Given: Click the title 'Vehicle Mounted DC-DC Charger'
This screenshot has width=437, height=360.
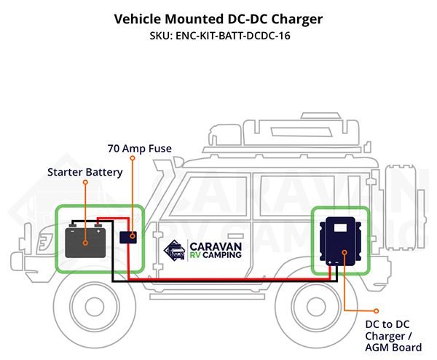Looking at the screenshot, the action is pos(219,20).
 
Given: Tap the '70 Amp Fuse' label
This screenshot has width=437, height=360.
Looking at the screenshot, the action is pos(140,149).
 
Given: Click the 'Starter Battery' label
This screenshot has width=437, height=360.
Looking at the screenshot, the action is pos(85,172).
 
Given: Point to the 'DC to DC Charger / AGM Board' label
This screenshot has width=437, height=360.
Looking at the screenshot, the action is pos(393,336).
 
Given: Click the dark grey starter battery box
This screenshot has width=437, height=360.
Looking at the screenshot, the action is pos(85,243).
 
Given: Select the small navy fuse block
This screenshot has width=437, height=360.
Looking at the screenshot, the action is pos(128,238).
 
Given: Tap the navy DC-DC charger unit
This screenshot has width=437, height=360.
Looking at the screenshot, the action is pos(340,241).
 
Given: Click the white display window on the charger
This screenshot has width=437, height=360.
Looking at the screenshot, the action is pos(340,228).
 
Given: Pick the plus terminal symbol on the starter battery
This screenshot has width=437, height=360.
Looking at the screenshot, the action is pos(98,232).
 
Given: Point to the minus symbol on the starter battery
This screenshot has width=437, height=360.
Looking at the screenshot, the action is pos(72,232).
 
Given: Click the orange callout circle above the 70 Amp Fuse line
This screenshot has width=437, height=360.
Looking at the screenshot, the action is pos(133,158).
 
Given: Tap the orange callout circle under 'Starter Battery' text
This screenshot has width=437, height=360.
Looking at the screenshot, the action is pos(85,182).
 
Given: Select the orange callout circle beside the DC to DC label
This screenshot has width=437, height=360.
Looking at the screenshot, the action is pos(377,310).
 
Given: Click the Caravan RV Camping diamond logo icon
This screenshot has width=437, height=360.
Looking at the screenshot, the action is pos(175,250).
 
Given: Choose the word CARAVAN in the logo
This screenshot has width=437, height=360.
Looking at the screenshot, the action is pos(216,247).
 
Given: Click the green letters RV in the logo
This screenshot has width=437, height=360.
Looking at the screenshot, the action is pos(195,255).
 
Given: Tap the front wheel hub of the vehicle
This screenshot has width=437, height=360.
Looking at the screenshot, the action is pos(95,307).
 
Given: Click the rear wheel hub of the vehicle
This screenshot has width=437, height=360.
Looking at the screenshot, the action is pos(316,307).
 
